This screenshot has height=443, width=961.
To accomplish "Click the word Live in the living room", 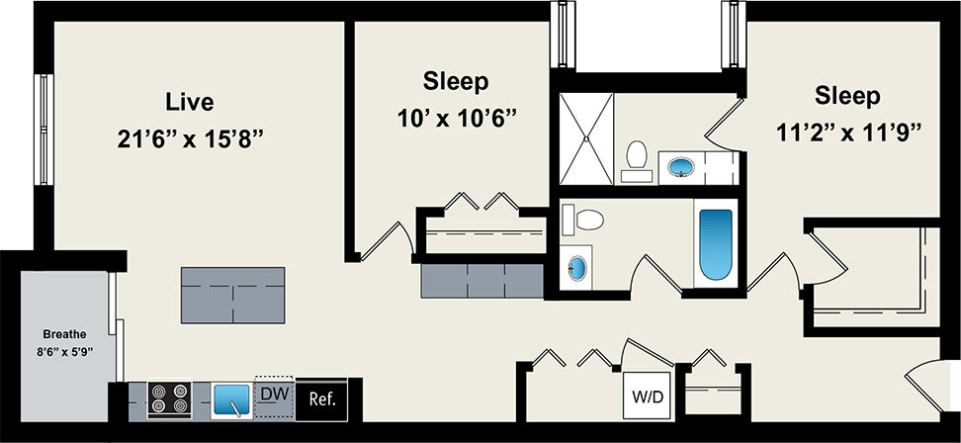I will (x=190, y=102).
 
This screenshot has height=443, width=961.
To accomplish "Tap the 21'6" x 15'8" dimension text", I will (x=189, y=138).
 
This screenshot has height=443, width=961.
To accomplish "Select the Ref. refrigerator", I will (x=322, y=399).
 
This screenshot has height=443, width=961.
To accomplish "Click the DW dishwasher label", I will (x=274, y=394).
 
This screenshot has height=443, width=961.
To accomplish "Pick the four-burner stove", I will (x=169, y=399).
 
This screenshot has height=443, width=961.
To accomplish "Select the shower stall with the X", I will (x=586, y=138).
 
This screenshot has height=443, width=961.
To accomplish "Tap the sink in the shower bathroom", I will (x=683, y=166).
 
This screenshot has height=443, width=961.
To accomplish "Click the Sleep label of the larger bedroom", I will (x=847, y=96).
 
